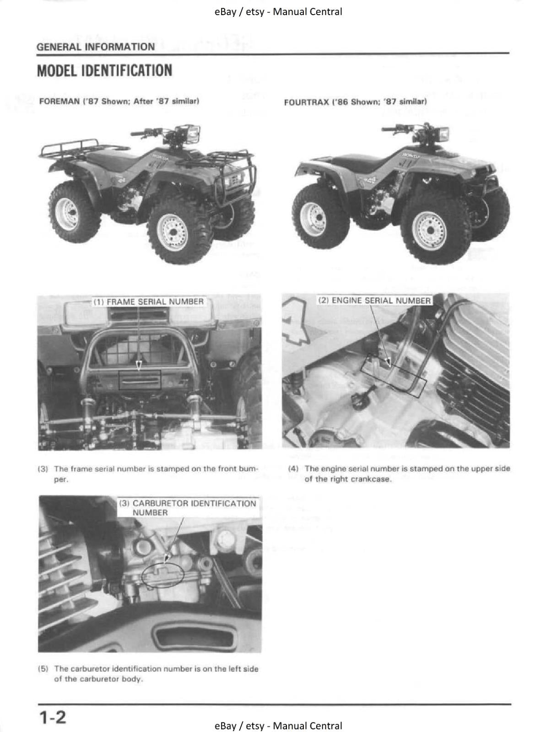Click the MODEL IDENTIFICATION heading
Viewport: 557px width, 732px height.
(x=104, y=71)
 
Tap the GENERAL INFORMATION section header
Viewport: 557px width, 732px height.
(x=95, y=47)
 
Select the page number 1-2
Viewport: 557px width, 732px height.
(x=52, y=716)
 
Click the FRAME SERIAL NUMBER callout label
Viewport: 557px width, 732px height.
(x=149, y=302)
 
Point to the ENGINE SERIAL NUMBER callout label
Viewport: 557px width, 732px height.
(x=374, y=301)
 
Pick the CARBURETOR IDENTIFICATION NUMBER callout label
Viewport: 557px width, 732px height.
(x=188, y=508)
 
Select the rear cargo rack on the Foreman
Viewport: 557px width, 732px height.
(x=78, y=146)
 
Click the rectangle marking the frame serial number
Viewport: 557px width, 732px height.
(x=140, y=380)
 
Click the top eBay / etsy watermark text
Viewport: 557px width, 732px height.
(x=278, y=12)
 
